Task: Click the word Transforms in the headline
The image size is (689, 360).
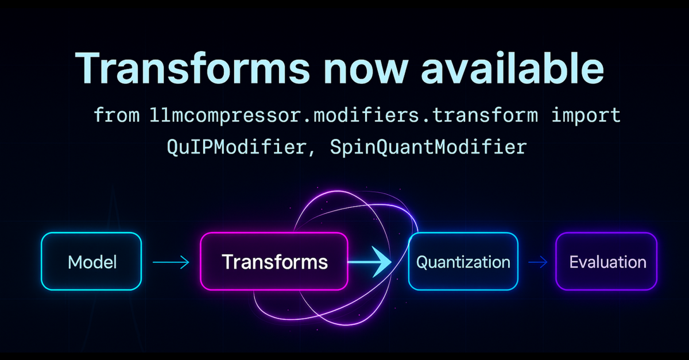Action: coord(192,68)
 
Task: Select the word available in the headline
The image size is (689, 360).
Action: coord(512,68)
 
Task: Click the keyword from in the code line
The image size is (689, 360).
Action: coord(117,115)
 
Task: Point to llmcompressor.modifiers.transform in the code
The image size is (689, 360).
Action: coord(344,115)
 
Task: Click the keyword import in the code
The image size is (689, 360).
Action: coord(586,115)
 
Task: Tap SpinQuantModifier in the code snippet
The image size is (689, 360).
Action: coord(428,148)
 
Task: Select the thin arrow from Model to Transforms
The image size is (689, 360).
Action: coord(171,262)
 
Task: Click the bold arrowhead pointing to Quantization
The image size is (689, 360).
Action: coord(381,262)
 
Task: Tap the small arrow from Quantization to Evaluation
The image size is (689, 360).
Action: coord(538,262)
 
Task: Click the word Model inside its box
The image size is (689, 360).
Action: coord(92,262)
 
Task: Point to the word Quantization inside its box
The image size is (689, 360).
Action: coord(463,262)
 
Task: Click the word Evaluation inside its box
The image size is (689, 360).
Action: coord(608,262)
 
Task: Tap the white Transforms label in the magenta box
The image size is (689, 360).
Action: coord(274,262)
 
